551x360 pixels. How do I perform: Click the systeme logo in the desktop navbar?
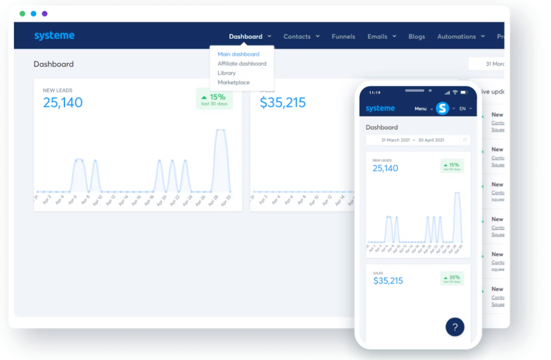coord(54,36)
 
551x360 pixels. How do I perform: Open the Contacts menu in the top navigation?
coord(301,37)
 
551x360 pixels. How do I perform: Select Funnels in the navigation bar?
coord(343,37)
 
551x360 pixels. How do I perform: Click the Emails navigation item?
coord(382,37)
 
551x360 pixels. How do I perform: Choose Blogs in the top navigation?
coord(416,37)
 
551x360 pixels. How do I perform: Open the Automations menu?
coord(461,37)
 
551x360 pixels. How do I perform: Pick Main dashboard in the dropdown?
coord(238,54)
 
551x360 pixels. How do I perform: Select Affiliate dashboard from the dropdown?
coord(242,63)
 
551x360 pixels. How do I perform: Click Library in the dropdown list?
coord(227,73)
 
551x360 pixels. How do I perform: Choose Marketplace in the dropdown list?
coord(234,82)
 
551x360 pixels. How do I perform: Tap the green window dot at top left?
coord(22,13)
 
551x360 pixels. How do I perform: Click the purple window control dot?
coord(45,13)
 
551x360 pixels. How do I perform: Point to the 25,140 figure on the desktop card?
coord(63,102)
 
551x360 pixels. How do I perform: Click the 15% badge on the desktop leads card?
coord(214,99)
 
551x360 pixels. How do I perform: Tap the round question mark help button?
coord(455,327)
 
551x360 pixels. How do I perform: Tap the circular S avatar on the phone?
coord(442,109)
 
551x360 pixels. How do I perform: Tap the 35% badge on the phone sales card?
coord(452,279)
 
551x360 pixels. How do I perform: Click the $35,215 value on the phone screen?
coord(388,281)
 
